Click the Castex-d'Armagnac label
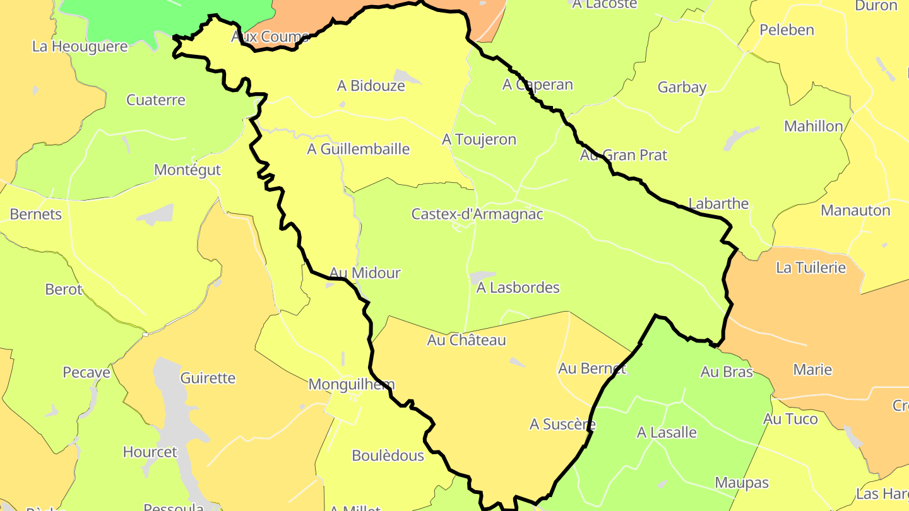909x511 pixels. tap(477, 214)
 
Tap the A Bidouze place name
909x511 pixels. tap(371, 86)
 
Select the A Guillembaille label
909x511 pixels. tap(359, 150)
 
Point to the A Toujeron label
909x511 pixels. tap(479, 139)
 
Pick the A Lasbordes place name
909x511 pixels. tap(518, 288)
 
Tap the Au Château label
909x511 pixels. tap(466, 340)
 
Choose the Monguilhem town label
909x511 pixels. tap(352, 384)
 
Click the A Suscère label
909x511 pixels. tap(562, 425)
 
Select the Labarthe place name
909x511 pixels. tap(718, 204)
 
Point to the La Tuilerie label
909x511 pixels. tap(811, 267)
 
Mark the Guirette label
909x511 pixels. tap(208, 379)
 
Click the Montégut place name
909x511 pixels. tap(187, 170)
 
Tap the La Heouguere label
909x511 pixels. tap(80, 47)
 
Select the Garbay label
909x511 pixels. tap(682, 87)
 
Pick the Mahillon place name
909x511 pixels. tap(814, 126)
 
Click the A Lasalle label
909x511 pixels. tap(667, 433)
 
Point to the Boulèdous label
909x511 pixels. tap(388, 455)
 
